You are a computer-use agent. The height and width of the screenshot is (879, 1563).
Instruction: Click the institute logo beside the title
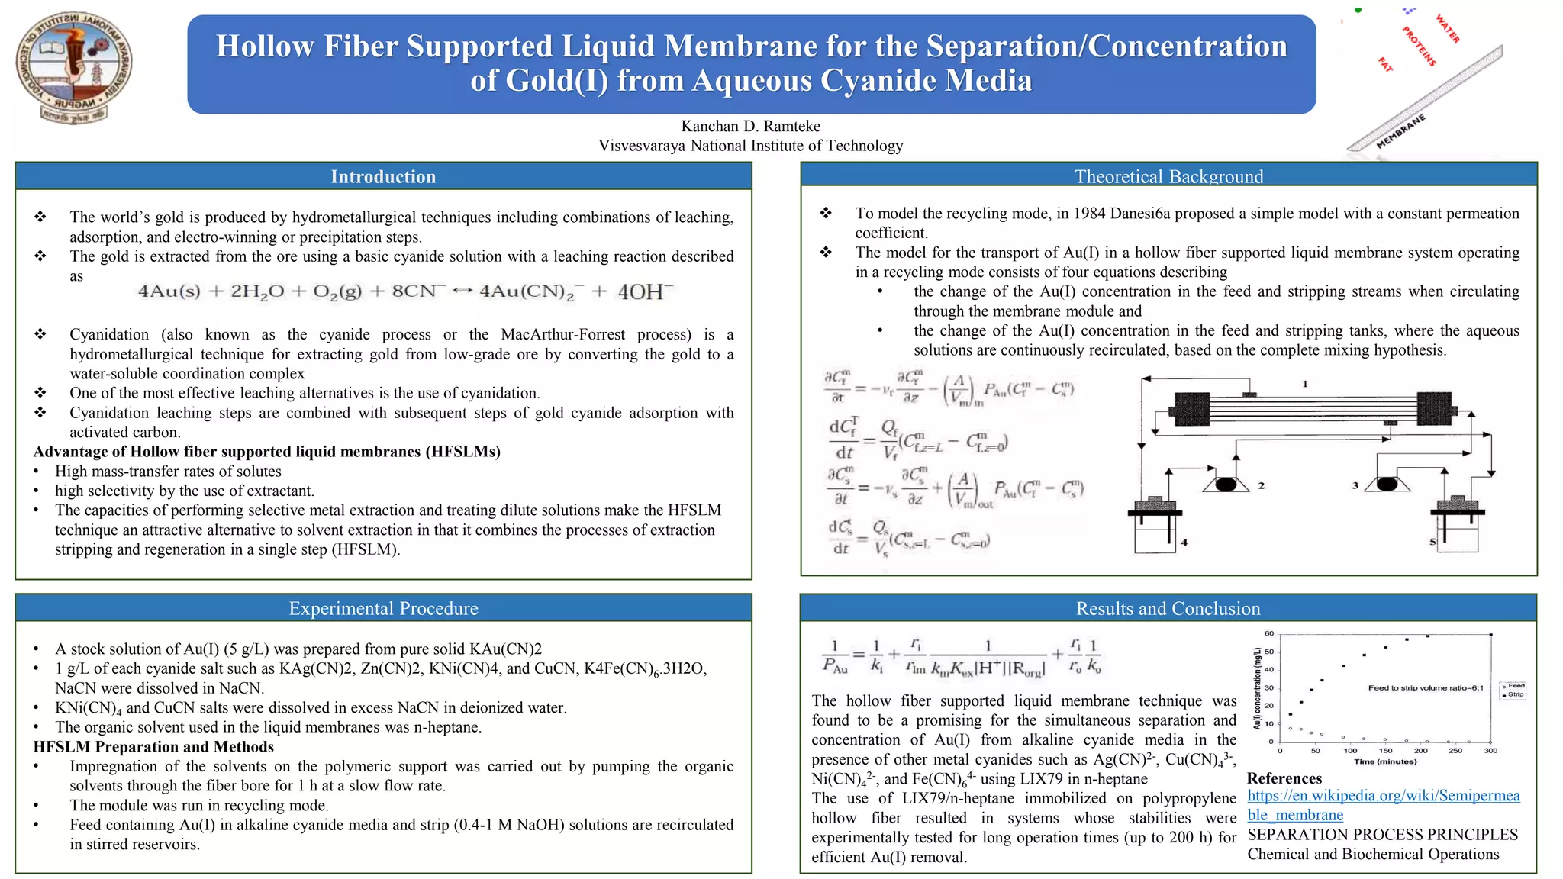click(x=73, y=67)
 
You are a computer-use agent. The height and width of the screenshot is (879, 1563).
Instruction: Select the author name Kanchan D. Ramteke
click(x=750, y=126)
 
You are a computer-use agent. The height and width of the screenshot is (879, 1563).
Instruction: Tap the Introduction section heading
click(x=383, y=177)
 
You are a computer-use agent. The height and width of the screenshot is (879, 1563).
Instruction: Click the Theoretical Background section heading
click(x=1168, y=177)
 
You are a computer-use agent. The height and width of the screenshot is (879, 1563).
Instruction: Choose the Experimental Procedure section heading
click(x=383, y=608)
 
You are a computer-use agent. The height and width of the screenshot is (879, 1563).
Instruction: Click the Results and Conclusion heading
click(x=1168, y=608)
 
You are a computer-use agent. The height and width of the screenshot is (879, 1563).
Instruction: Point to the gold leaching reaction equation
click(x=405, y=292)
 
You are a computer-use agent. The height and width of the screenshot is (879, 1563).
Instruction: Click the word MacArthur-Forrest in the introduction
click(x=562, y=334)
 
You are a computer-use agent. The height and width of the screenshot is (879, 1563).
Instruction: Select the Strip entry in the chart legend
click(x=1515, y=694)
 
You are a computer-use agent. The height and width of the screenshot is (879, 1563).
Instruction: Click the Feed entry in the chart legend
click(x=1515, y=686)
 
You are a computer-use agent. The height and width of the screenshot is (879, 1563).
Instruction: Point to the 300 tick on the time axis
click(x=1490, y=751)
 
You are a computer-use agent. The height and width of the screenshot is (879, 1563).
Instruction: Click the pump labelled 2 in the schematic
click(x=1226, y=485)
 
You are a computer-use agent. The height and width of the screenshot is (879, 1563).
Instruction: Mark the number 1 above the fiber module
click(x=1305, y=384)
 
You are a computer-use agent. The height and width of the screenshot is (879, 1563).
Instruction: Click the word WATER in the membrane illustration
click(x=1447, y=29)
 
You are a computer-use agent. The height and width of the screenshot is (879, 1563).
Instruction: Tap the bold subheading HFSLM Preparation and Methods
click(x=153, y=747)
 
